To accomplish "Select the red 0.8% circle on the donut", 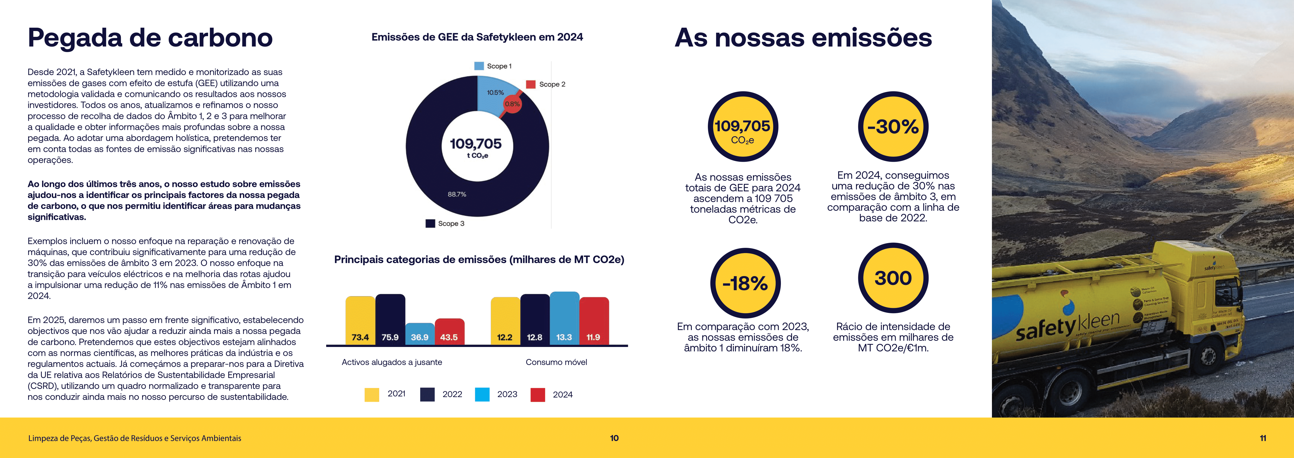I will click(x=512, y=104).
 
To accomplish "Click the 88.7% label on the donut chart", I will click(x=457, y=194).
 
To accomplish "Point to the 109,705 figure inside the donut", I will click(x=475, y=144).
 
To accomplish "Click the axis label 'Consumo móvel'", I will click(x=556, y=362).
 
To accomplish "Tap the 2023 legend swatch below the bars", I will click(x=482, y=394).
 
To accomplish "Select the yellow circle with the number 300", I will click(x=893, y=278).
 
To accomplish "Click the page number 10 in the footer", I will click(x=614, y=438).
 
